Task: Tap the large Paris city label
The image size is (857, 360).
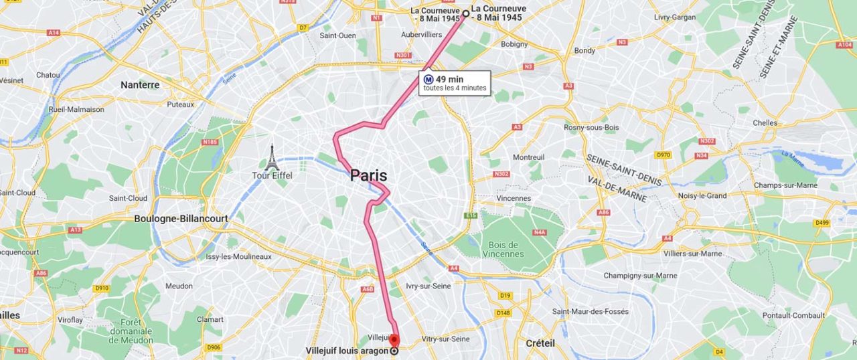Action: click(368, 176)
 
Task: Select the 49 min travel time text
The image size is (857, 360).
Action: click(449, 79)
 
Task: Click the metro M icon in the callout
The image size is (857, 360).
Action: click(428, 79)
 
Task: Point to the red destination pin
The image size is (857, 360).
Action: click(394, 340)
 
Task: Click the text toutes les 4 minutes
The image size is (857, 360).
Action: click(455, 88)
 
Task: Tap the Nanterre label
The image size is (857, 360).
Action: click(140, 85)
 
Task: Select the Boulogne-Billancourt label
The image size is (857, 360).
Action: click(181, 218)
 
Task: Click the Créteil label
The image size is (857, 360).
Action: click(540, 343)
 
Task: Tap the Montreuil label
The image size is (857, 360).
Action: click(528, 157)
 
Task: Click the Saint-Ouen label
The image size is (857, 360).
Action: click(337, 35)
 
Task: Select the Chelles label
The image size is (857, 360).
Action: click(765, 123)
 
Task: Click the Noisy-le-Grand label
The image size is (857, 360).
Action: click(702, 195)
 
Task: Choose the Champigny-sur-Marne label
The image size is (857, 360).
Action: click(639, 276)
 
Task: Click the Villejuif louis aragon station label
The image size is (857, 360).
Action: click(347, 351)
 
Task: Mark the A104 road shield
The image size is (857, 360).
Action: click(844, 44)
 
